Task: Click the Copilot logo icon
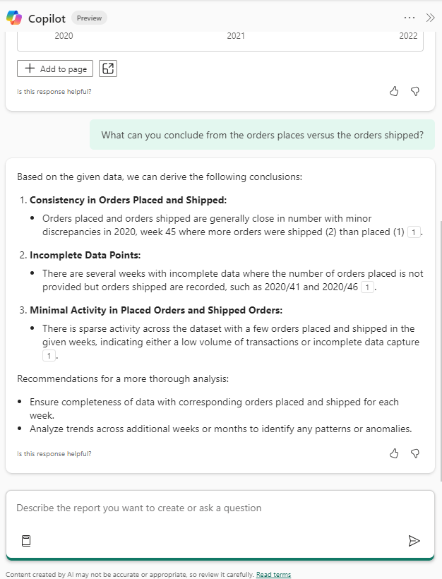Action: coord(14,18)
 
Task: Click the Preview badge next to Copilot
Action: coord(89,18)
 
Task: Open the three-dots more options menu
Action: coord(410,18)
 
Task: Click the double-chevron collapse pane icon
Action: coord(430,18)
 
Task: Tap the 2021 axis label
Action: coord(236,36)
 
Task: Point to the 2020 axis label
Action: coord(64,36)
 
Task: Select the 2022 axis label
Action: coord(408,36)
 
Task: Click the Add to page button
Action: coord(55,68)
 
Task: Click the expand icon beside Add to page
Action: coord(108,68)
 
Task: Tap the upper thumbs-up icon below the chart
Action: coord(395,91)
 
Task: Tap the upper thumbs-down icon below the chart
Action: coord(415,91)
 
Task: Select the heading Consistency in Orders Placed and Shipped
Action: coord(128,200)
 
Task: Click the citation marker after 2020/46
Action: coord(366,287)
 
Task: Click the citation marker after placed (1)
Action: coord(414,232)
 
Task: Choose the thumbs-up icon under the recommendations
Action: coord(395,453)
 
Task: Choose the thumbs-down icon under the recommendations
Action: coord(415,453)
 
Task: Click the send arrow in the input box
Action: coord(414,541)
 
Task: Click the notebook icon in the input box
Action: coord(26,541)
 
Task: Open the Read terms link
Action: coord(273,575)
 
